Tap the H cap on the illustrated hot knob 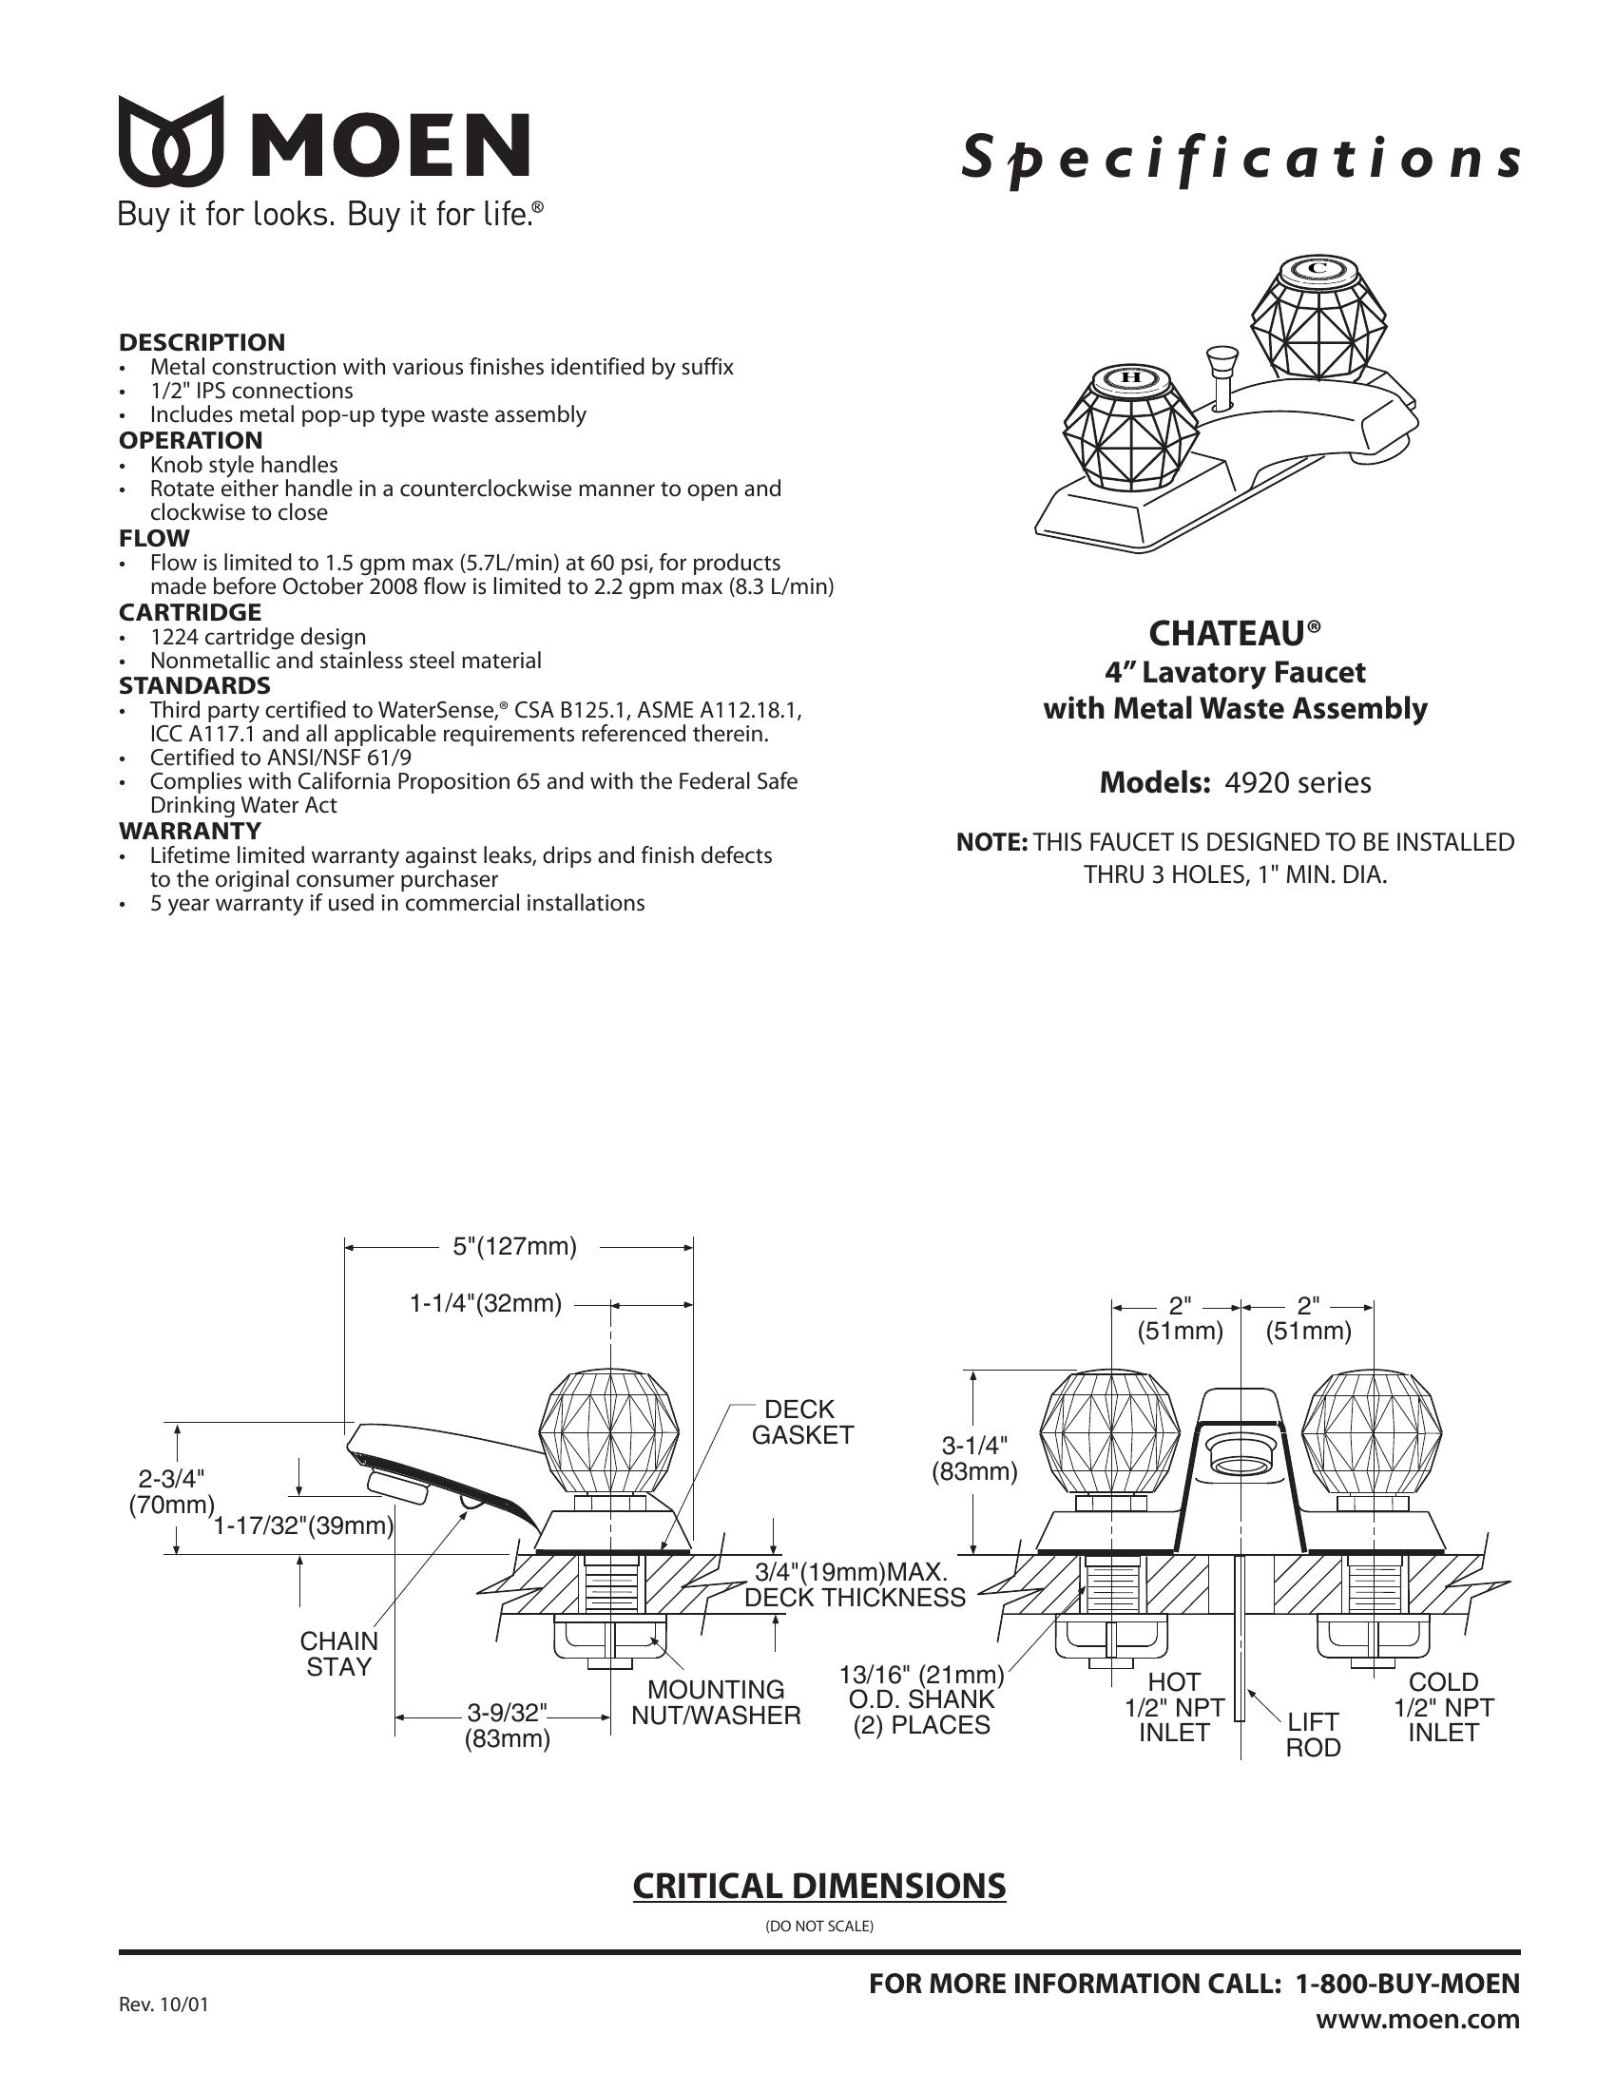(x=1130, y=377)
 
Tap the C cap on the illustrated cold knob (x=1318, y=268)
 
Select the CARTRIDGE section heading (x=189, y=612)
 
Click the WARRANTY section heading (x=189, y=830)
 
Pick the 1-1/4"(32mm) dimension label (x=486, y=1303)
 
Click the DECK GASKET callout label (x=801, y=1422)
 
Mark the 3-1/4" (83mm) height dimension (x=975, y=1458)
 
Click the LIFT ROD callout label (x=1313, y=1735)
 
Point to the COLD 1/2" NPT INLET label (x=1443, y=1707)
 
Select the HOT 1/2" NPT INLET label (x=1174, y=1707)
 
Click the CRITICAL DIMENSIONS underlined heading (x=818, y=1886)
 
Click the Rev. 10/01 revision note (x=163, y=2005)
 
